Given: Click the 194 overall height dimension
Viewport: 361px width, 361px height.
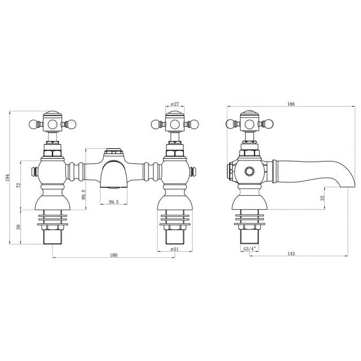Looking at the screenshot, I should click(8, 177).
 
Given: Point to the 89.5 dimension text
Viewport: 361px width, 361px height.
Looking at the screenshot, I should click(83, 193).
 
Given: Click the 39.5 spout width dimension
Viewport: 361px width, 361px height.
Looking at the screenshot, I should click(113, 202).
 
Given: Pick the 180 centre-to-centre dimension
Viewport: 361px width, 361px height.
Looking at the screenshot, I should click(113, 255).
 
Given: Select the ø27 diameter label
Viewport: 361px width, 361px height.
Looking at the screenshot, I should click(174, 104).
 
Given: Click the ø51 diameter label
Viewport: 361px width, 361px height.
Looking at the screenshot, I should click(174, 249).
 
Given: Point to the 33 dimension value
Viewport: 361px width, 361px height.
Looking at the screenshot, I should click(321, 197).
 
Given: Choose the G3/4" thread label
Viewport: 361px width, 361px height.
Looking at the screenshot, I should click(249, 249).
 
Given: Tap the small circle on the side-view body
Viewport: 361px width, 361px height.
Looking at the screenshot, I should click(249, 172).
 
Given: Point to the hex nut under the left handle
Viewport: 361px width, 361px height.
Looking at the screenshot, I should click(52, 153).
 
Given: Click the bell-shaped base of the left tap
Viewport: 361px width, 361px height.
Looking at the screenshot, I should click(52, 202).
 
